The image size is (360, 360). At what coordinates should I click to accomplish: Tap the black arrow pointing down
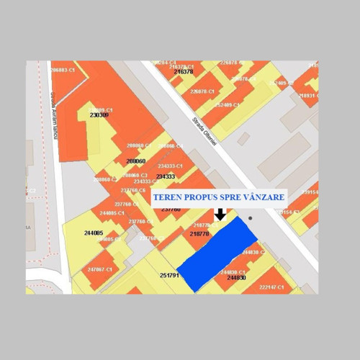(x=220, y=215)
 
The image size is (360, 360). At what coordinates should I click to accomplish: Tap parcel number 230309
(x=99, y=114)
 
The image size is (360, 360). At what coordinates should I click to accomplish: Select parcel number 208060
(x=135, y=161)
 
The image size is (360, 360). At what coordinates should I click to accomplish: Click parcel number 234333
(x=165, y=176)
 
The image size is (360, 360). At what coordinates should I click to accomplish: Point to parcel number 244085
(x=93, y=233)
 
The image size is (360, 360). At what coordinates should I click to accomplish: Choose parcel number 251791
(x=169, y=276)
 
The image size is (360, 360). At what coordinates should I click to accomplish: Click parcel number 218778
(x=199, y=234)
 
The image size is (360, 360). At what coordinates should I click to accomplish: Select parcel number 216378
(x=184, y=72)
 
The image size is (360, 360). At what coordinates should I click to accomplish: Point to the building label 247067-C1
(x=100, y=269)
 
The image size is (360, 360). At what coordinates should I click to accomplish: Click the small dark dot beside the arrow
(x=251, y=218)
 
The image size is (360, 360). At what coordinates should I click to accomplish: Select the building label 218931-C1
(x=308, y=96)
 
